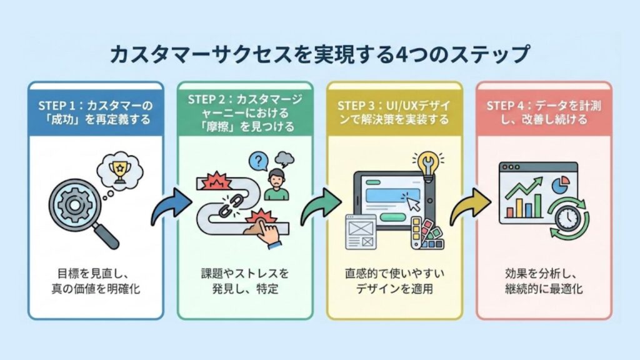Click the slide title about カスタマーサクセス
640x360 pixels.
coord(319,54)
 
